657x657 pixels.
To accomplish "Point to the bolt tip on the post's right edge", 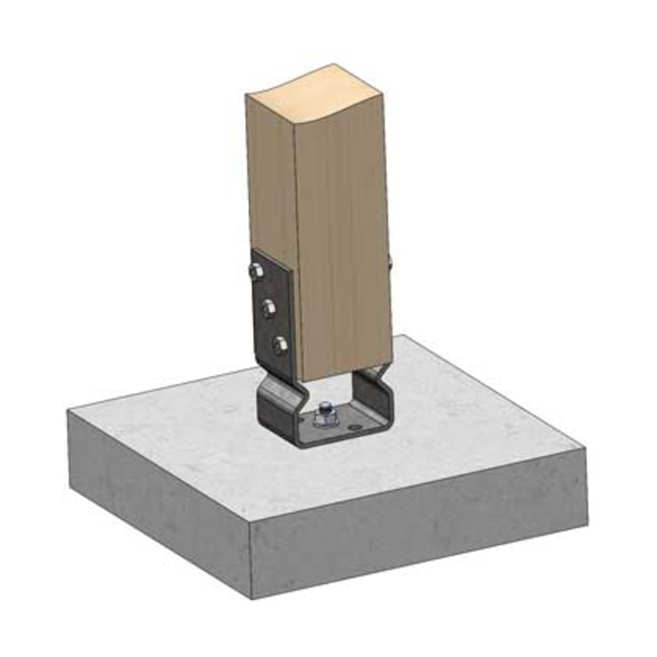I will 391,261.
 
